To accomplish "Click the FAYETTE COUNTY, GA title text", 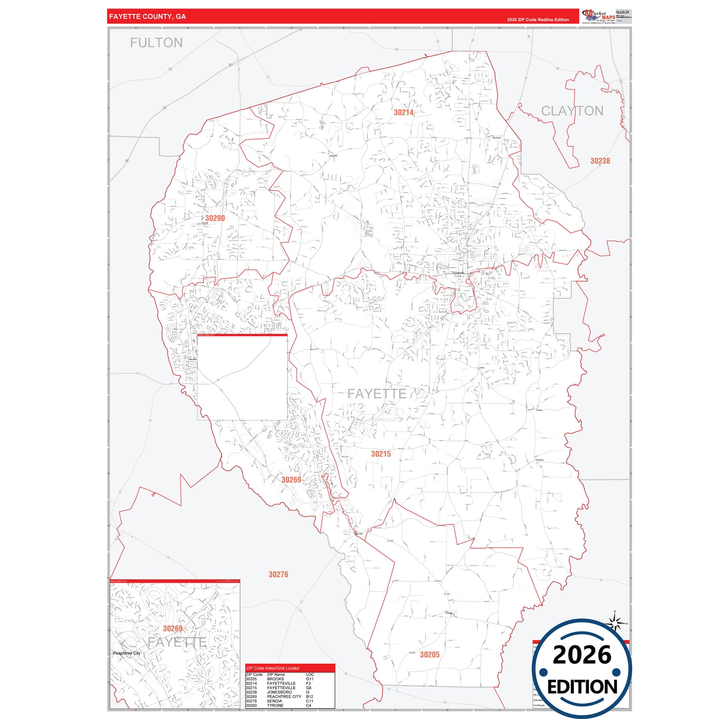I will (x=147, y=17).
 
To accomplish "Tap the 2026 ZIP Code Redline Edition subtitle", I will (x=538, y=20).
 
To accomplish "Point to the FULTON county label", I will (x=156, y=43).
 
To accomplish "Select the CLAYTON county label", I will (x=572, y=111).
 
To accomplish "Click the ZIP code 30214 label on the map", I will (x=404, y=112).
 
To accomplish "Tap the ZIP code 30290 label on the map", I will (x=215, y=218).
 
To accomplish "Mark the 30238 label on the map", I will (x=600, y=161).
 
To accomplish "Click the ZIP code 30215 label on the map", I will (x=381, y=454).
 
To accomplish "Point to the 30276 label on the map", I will (x=278, y=575).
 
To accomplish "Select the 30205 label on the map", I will (x=429, y=655).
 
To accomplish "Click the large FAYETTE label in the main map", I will (x=377, y=394).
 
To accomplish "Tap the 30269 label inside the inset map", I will (x=173, y=628).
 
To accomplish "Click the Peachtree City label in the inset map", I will (x=126, y=653).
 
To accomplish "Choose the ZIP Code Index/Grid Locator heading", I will (x=273, y=668).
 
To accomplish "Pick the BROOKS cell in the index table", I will (x=275, y=679).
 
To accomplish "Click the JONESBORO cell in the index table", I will (x=279, y=692).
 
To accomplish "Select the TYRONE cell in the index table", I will (x=275, y=706).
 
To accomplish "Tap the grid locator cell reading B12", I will (x=309, y=697).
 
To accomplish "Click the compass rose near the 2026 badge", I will (x=616, y=622).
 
